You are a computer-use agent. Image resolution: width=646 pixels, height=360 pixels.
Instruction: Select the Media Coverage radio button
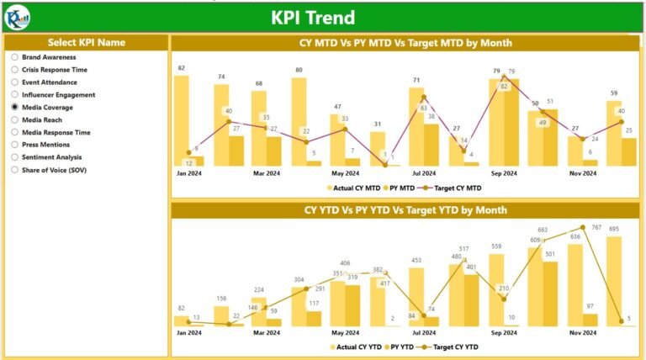[x=15, y=108]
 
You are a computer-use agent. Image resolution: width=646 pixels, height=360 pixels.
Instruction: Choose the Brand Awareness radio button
[x=15, y=57]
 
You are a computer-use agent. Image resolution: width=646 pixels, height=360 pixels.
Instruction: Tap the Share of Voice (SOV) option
[x=54, y=170]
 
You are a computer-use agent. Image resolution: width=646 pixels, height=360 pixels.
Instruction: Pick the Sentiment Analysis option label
[x=51, y=157]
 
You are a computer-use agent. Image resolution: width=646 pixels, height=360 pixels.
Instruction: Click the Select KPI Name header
[x=87, y=42]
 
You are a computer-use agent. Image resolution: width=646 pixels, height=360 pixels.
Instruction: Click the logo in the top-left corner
[x=17, y=16]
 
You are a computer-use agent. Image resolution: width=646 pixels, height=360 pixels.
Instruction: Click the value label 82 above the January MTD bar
[x=181, y=67]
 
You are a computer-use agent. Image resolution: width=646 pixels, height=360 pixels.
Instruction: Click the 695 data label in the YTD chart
[x=613, y=229]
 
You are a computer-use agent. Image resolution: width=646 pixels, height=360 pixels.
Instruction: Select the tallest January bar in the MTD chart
[x=181, y=120]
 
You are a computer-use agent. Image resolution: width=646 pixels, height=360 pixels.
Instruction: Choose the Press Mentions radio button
[x=15, y=145]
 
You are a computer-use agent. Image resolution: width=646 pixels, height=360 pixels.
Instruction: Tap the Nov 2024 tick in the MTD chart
[x=582, y=174]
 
